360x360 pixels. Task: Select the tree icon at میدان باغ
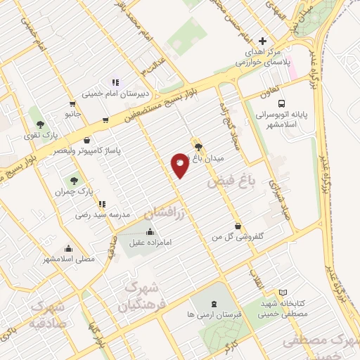[x=198, y=147]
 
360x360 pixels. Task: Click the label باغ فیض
[x=229, y=181]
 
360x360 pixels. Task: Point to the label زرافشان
[x=167, y=212]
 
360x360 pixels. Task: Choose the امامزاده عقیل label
[x=150, y=243]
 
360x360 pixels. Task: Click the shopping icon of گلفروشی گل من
[x=240, y=226]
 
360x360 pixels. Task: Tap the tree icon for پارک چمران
[x=74, y=181]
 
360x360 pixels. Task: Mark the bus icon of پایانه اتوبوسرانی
[x=251, y=105]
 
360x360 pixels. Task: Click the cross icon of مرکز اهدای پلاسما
[x=262, y=41]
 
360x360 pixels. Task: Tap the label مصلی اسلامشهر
[x=69, y=259]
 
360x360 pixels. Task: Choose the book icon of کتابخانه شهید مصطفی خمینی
[x=283, y=292]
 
